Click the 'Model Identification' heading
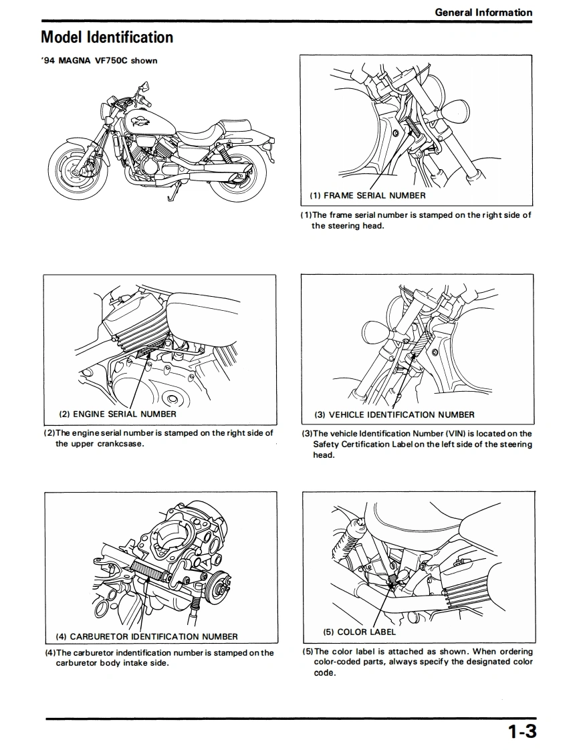[107, 37]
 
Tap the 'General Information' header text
[483, 12]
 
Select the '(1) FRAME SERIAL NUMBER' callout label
[367, 195]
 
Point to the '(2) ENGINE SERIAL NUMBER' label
[118, 414]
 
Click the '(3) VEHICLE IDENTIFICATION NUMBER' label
[394, 414]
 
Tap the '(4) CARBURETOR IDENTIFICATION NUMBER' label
[146, 636]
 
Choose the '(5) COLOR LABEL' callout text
[359, 632]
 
